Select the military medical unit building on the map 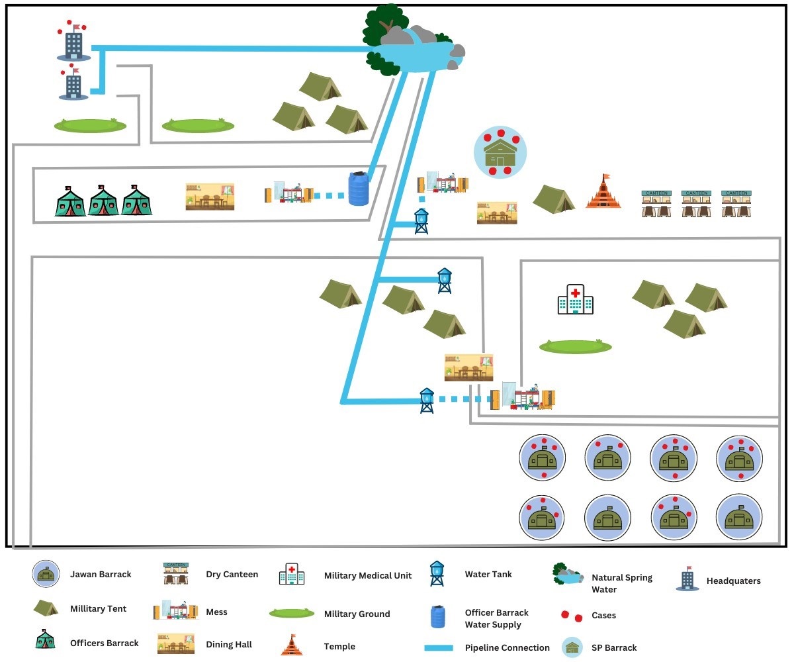pyautogui.click(x=575, y=300)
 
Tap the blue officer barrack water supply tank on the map pyautogui.click(x=358, y=189)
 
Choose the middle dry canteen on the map pyautogui.click(x=696, y=203)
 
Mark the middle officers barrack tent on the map pyautogui.click(x=103, y=201)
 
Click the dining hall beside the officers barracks pyautogui.click(x=209, y=197)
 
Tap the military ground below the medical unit pyautogui.click(x=575, y=346)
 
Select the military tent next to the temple pyautogui.click(x=554, y=199)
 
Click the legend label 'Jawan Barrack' pyautogui.click(x=101, y=575)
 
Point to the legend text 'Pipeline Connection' pyautogui.click(x=507, y=647)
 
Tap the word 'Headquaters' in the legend pyautogui.click(x=733, y=581)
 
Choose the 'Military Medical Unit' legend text pyautogui.click(x=367, y=575)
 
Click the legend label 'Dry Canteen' pyautogui.click(x=232, y=575)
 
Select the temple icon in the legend pyautogui.click(x=292, y=645)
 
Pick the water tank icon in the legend pyautogui.click(x=437, y=573)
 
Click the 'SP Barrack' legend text pyautogui.click(x=614, y=647)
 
